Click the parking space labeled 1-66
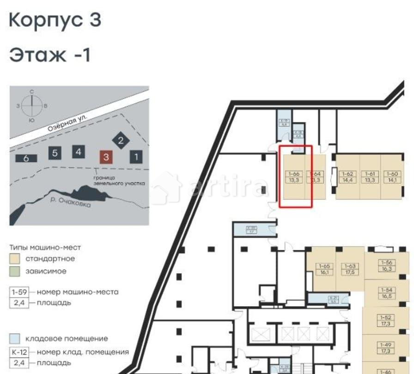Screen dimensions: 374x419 coord(294,177)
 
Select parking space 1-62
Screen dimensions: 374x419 coord(347,177)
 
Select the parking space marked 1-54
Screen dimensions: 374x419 coord(386,293)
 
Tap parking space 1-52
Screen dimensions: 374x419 coord(386,320)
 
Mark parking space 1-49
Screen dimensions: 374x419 coord(386,347)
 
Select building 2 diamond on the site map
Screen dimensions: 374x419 coord(121,141)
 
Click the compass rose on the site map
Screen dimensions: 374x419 coord(32,105)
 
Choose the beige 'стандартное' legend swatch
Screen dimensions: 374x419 coord(14,259)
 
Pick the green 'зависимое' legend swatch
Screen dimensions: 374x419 coord(14,271)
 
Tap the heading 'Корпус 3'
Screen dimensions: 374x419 coord(55,21)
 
